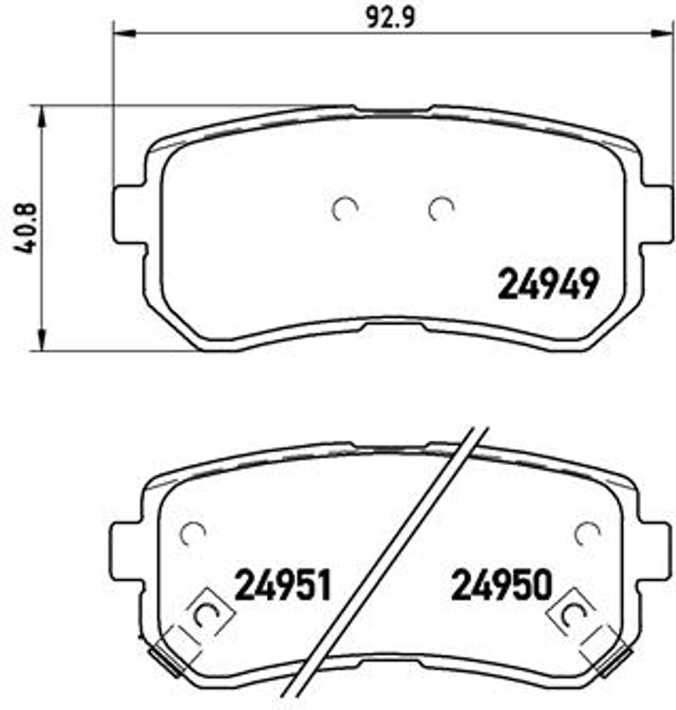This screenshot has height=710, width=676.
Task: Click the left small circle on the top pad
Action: click(345, 209)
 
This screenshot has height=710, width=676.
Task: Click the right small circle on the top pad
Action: click(440, 209)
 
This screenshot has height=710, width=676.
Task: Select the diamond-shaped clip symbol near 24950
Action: click(574, 613)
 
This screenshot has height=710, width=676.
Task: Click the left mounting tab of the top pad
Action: click(130, 214)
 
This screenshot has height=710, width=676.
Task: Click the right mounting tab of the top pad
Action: click(656, 214)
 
